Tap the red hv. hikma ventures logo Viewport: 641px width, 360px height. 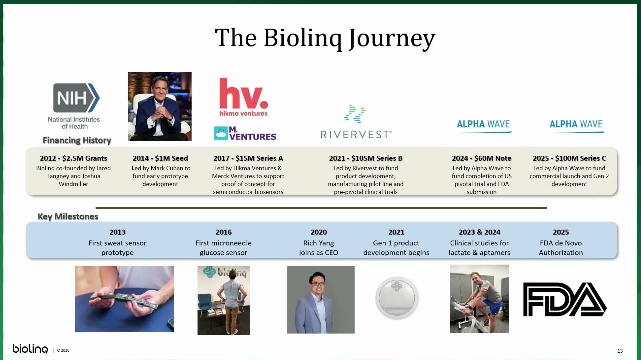click(x=244, y=97)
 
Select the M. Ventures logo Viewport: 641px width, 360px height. click(x=245, y=133)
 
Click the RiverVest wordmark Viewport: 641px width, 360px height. click(x=356, y=134)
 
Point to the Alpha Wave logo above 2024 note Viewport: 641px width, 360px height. click(x=483, y=126)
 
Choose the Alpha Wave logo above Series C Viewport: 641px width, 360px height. click(x=576, y=126)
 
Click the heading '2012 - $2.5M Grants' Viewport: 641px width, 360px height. click(x=73, y=158)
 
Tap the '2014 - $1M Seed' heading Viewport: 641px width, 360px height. click(x=160, y=158)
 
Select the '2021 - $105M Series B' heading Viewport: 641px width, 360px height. click(x=365, y=158)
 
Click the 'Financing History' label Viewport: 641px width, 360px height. click(x=77, y=140)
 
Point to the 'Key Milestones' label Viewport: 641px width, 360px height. click(x=68, y=216)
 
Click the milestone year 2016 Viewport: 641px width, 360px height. click(x=224, y=232)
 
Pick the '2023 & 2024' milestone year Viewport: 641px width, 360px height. click(x=479, y=232)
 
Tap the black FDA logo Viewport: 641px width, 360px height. click(x=565, y=299)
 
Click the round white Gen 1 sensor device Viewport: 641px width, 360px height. click(x=397, y=298)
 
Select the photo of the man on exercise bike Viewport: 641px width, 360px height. click(x=479, y=299)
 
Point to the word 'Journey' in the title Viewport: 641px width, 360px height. click(x=392, y=38)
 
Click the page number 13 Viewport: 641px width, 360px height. click(x=620, y=351)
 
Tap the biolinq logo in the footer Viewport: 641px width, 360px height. click(x=30, y=349)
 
